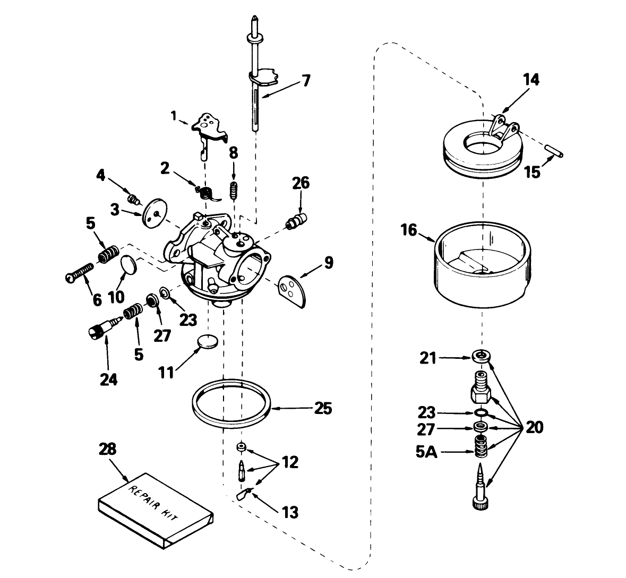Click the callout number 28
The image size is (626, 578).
click(108, 449)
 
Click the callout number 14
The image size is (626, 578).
click(530, 80)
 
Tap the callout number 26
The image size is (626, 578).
click(301, 184)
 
